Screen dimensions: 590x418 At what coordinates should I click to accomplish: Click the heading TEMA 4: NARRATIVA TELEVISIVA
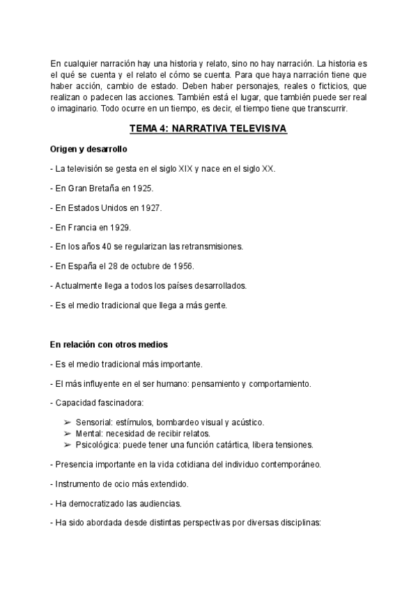pyautogui.click(x=208, y=130)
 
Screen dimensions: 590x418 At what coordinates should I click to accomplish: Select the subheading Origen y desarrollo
pyautogui.click(x=88, y=150)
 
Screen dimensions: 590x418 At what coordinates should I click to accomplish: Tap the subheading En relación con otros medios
pyautogui.click(x=109, y=344)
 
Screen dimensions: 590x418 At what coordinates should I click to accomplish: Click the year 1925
pyautogui.click(x=141, y=189)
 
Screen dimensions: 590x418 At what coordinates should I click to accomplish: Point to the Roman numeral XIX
pyautogui.click(x=185, y=169)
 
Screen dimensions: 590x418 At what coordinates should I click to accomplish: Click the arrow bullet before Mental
pyautogui.click(x=67, y=434)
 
